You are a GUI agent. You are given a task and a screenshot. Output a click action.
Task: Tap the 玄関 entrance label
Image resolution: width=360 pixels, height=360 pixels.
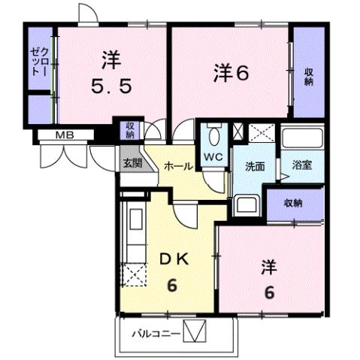tap(132, 163)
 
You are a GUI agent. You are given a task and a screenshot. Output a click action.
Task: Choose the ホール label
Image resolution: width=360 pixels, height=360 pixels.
tap(178, 167)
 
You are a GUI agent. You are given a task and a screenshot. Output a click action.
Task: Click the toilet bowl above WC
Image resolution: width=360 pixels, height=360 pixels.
tap(215, 138)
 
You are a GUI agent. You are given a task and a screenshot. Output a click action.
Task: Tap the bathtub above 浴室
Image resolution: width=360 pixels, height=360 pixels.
tap(301, 138)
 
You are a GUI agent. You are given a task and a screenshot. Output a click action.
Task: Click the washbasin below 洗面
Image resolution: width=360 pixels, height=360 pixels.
tap(246, 204)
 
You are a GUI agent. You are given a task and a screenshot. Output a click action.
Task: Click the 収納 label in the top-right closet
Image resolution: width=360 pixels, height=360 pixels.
tap(308, 75)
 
